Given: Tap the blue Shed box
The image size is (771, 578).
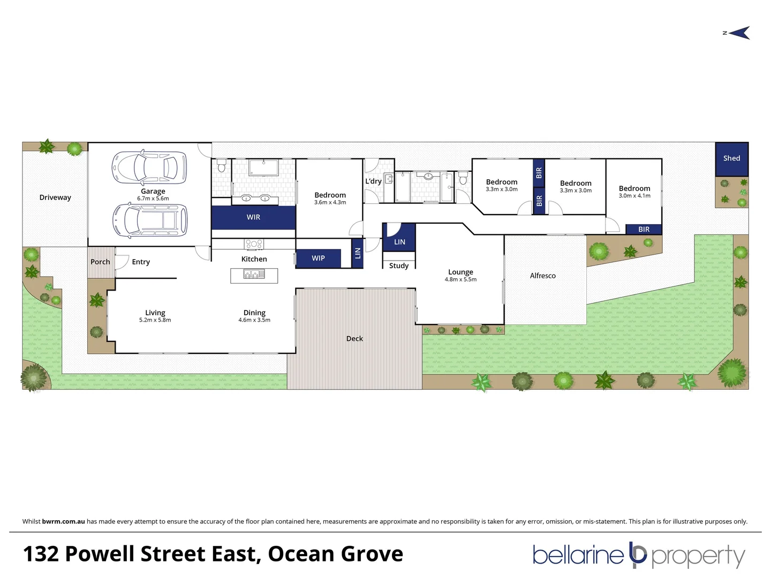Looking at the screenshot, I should [731, 158].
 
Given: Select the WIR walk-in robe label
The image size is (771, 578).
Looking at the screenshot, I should [253, 217].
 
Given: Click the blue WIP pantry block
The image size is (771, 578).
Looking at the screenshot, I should [318, 258].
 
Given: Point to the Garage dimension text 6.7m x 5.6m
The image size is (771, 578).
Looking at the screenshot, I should [153, 199].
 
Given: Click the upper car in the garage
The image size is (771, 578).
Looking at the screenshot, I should [149, 167].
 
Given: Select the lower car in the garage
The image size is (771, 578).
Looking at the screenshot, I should [150, 220].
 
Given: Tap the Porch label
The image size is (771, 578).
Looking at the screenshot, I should [100, 262].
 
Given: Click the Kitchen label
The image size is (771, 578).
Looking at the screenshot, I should [254, 259].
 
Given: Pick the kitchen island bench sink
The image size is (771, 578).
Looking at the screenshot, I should [254, 275].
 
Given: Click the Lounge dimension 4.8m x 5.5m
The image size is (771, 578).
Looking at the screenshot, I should [460, 279].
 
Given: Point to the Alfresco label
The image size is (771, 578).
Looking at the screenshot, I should [542, 276].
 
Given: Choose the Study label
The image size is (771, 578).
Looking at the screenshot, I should [399, 265].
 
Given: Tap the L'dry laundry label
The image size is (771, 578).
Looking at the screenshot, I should [373, 181].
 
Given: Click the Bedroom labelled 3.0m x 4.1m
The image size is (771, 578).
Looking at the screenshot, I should [634, 192].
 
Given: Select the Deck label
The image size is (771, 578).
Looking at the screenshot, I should [354, 338].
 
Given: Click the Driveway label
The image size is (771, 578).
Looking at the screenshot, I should [55, 197].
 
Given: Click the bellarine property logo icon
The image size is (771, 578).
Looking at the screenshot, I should [638, 554].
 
